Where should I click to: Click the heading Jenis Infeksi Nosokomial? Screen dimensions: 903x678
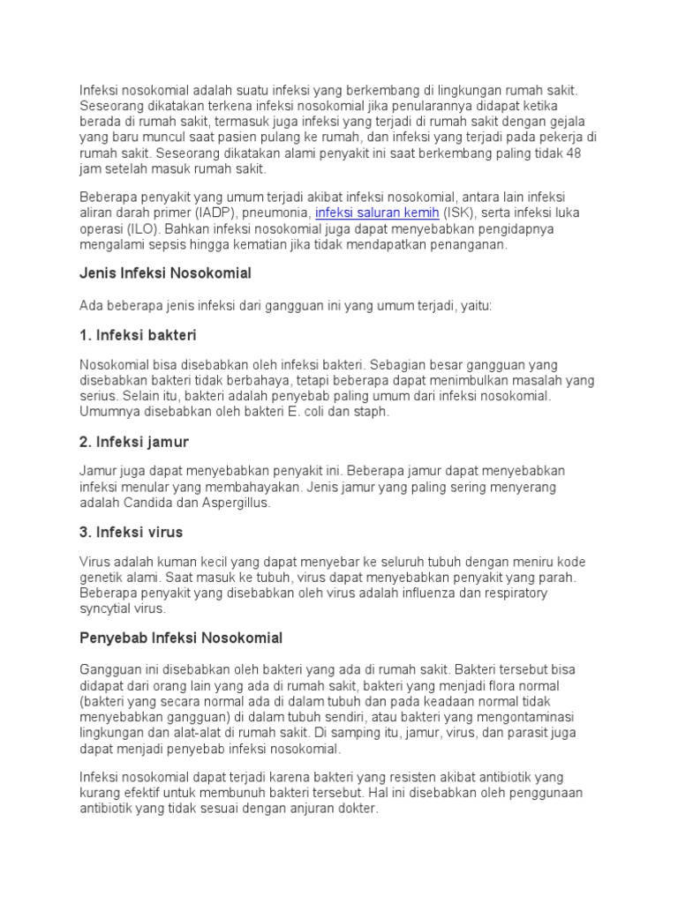(166, 273)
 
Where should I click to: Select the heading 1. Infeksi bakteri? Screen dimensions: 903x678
(139, 335)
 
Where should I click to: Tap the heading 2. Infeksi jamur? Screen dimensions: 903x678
(134, 441)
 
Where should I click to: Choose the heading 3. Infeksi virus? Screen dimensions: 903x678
(132, 533)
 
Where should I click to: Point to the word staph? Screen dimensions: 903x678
(370, 411)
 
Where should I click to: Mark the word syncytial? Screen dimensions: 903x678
(107, 608)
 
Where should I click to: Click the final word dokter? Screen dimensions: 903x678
(357, 808)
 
